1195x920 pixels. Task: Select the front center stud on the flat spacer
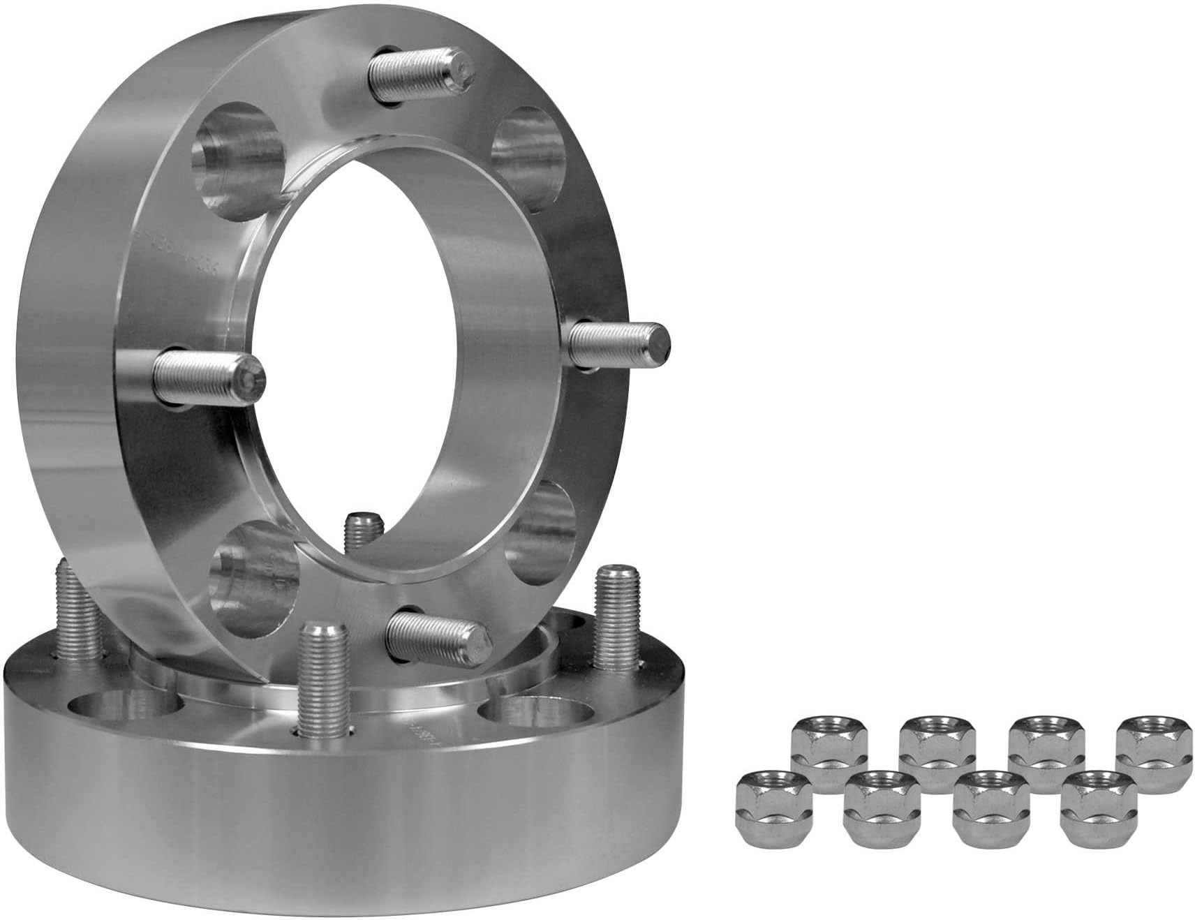point(322,673)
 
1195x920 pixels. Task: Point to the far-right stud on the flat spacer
point(617,614)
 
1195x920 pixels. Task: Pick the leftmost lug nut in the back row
point(829,757)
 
